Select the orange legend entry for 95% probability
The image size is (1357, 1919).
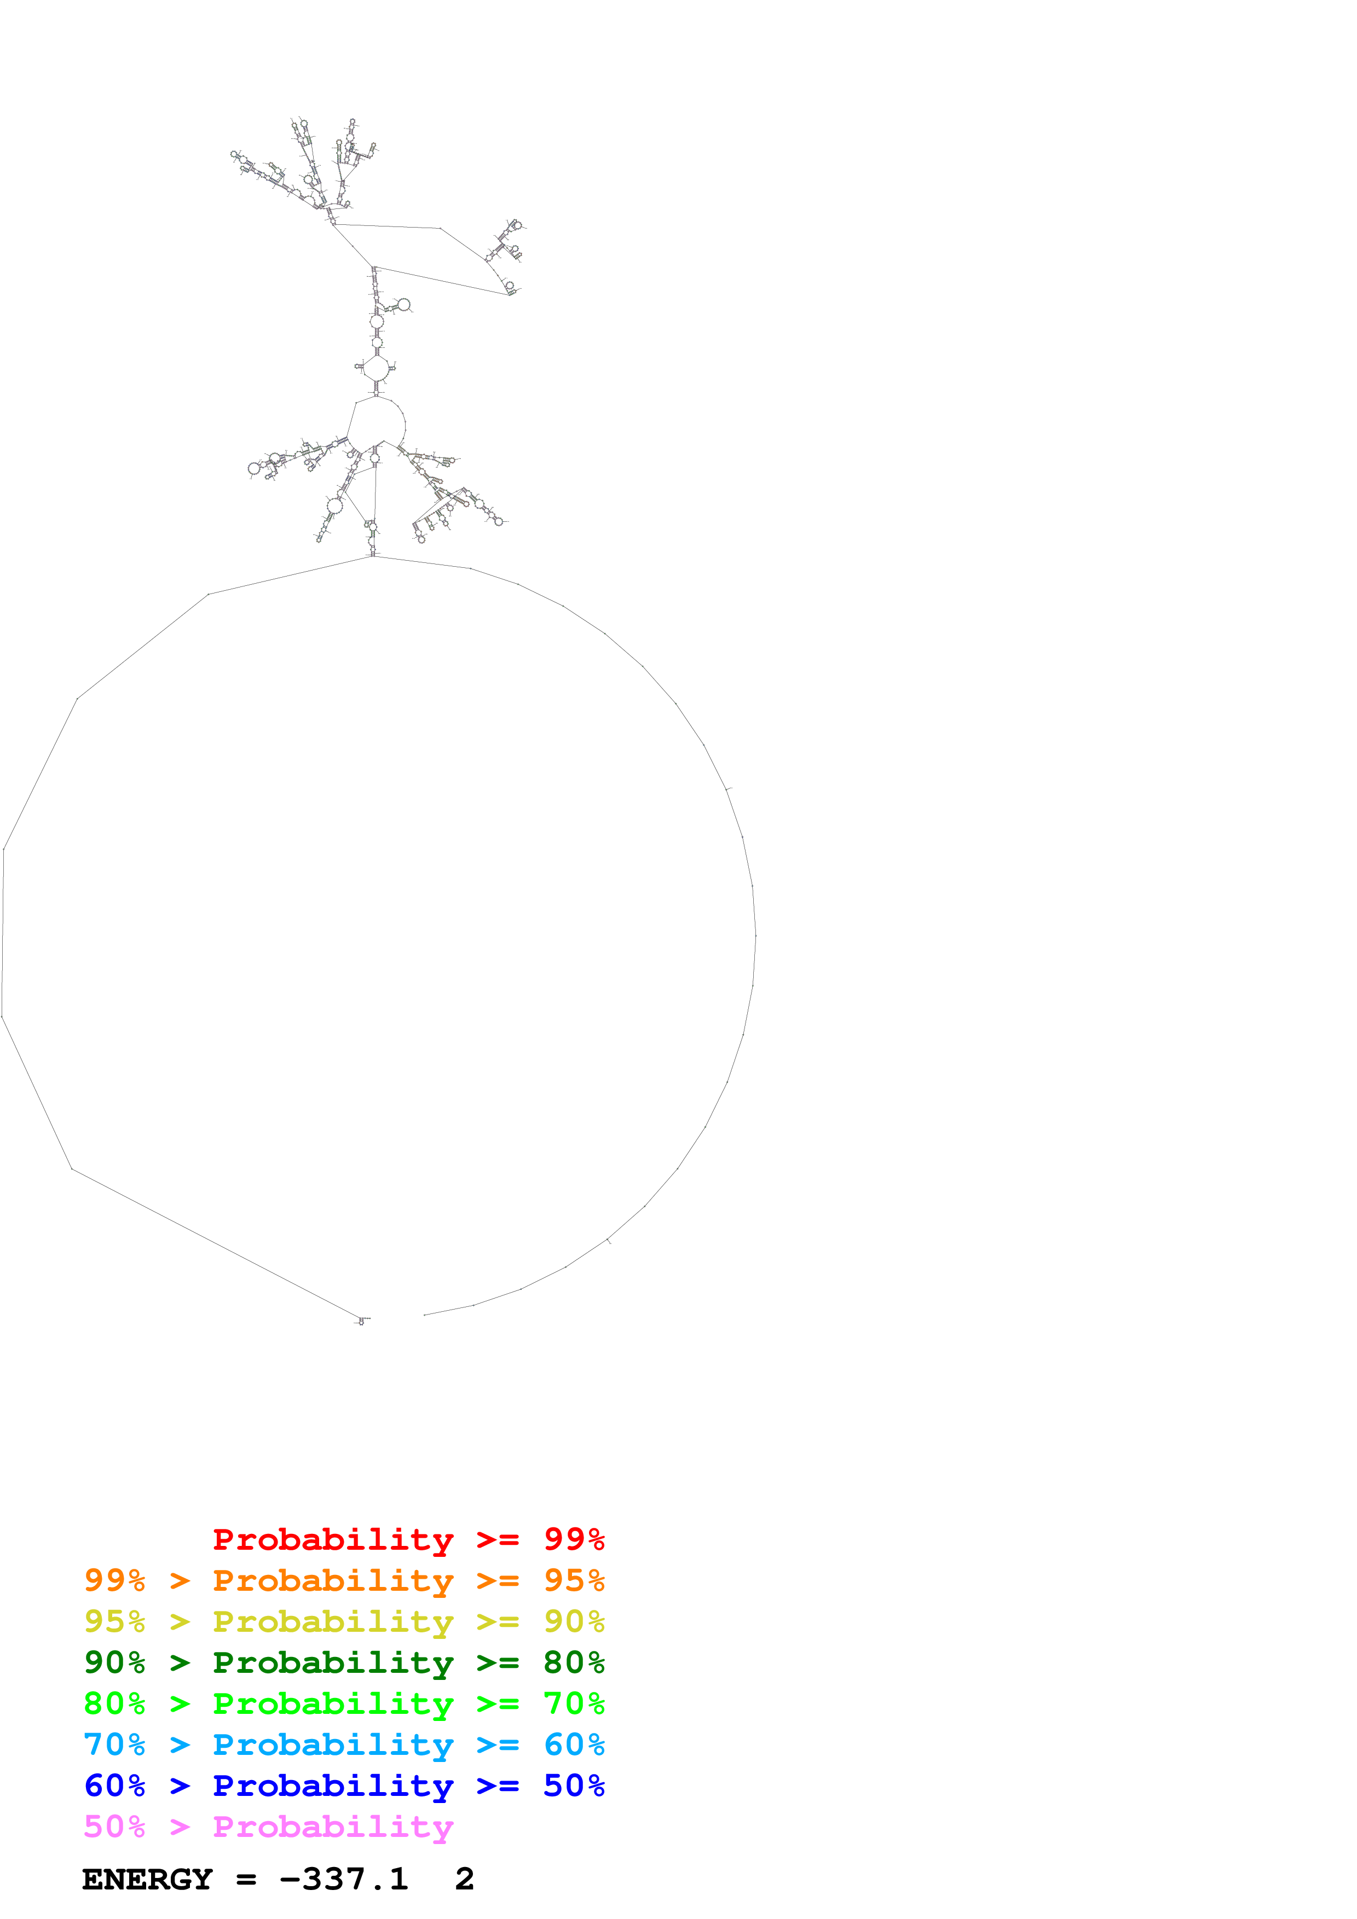point(344,1580)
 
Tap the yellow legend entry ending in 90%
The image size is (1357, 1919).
point(344,1621)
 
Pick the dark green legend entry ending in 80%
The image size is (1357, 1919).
point(344,1662)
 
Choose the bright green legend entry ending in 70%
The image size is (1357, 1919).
point(344,1703)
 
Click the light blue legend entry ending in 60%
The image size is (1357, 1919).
point(344,1744)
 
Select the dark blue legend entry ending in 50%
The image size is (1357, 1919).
point(344,1786)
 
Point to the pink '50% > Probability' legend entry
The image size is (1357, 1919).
point(268,1826)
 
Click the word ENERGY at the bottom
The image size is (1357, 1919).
point(147,1879)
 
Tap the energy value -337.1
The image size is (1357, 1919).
point(344,1879)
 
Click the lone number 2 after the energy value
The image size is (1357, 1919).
point(464,1879)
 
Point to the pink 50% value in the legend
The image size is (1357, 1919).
point(114,1826)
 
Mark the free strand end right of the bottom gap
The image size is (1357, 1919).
point(425,1315)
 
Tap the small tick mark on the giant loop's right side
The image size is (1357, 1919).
point(728,788)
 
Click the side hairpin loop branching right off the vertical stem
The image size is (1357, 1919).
point(403,305)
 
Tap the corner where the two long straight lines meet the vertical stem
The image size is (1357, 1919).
point(373,268)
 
